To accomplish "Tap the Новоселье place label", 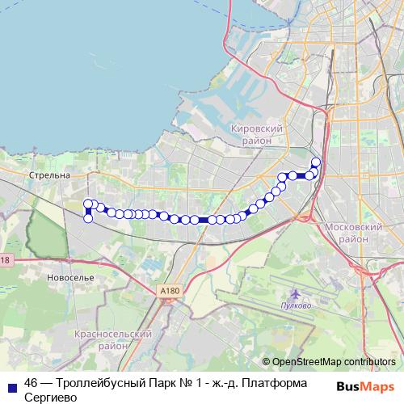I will point(71,277).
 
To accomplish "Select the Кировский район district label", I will point(256,134).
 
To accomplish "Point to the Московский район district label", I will point(353,234).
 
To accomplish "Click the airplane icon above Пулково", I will point(294,296).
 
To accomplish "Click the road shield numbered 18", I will point(5,260).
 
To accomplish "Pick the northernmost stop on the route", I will point(316,162).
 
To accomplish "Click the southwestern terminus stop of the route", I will point(88,218).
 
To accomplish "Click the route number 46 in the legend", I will point(32,383).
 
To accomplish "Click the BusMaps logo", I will point(364,387).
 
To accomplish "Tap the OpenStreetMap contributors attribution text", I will point(334,362).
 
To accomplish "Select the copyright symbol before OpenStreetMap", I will point(266,362).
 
